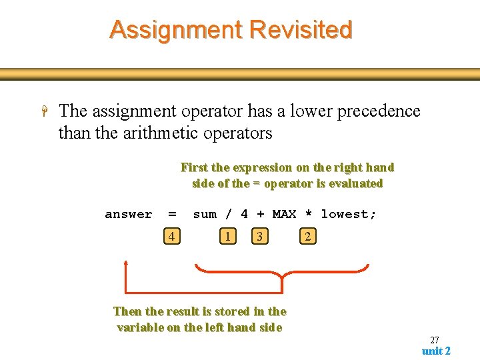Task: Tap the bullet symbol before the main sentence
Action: pos(45,111)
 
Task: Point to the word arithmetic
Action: pos(163,133)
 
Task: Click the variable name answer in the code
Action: pos(129,214)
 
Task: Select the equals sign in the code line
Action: pos(172,214)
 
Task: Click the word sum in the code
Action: pos(205,214)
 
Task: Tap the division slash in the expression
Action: pos(229,214)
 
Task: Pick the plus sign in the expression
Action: pos(260,214)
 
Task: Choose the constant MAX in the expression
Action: pos(284,214)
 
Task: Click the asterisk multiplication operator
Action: pos(308,214)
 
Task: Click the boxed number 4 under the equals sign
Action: pos(172,236)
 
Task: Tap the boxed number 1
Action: pos(228,236)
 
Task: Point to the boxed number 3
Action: pos(260,236)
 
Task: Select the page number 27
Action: pos(434,340)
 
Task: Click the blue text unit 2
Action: pos(436,351)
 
